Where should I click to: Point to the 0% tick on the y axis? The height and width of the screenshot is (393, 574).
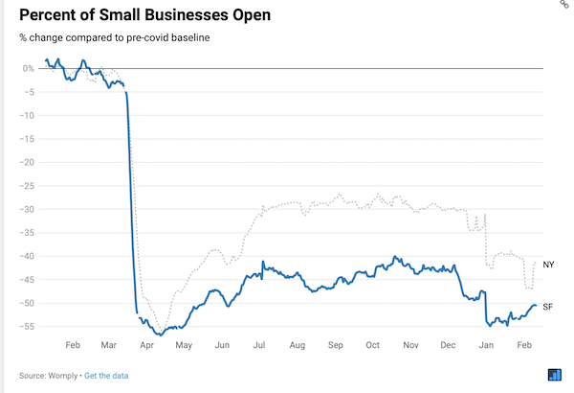coord(29,68)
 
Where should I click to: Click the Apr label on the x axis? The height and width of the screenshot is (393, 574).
coord(146,345)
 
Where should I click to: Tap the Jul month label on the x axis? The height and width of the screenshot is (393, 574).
coord(259,345)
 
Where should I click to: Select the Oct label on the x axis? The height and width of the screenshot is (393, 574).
coord(372,345)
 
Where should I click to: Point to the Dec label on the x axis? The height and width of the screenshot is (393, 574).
coord(448,345)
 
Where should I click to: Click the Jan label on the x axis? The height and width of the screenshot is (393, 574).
coord(486,345)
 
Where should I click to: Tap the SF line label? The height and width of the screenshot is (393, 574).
coord(548,306)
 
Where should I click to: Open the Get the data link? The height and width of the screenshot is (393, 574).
coord(106,376)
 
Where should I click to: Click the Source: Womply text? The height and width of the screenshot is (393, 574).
coord(47,376)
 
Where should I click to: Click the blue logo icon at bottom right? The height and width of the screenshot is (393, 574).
coord(555,375)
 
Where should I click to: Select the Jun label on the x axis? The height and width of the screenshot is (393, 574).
coord(222,345)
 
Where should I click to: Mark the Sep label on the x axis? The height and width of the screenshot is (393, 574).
coord(335,345)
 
